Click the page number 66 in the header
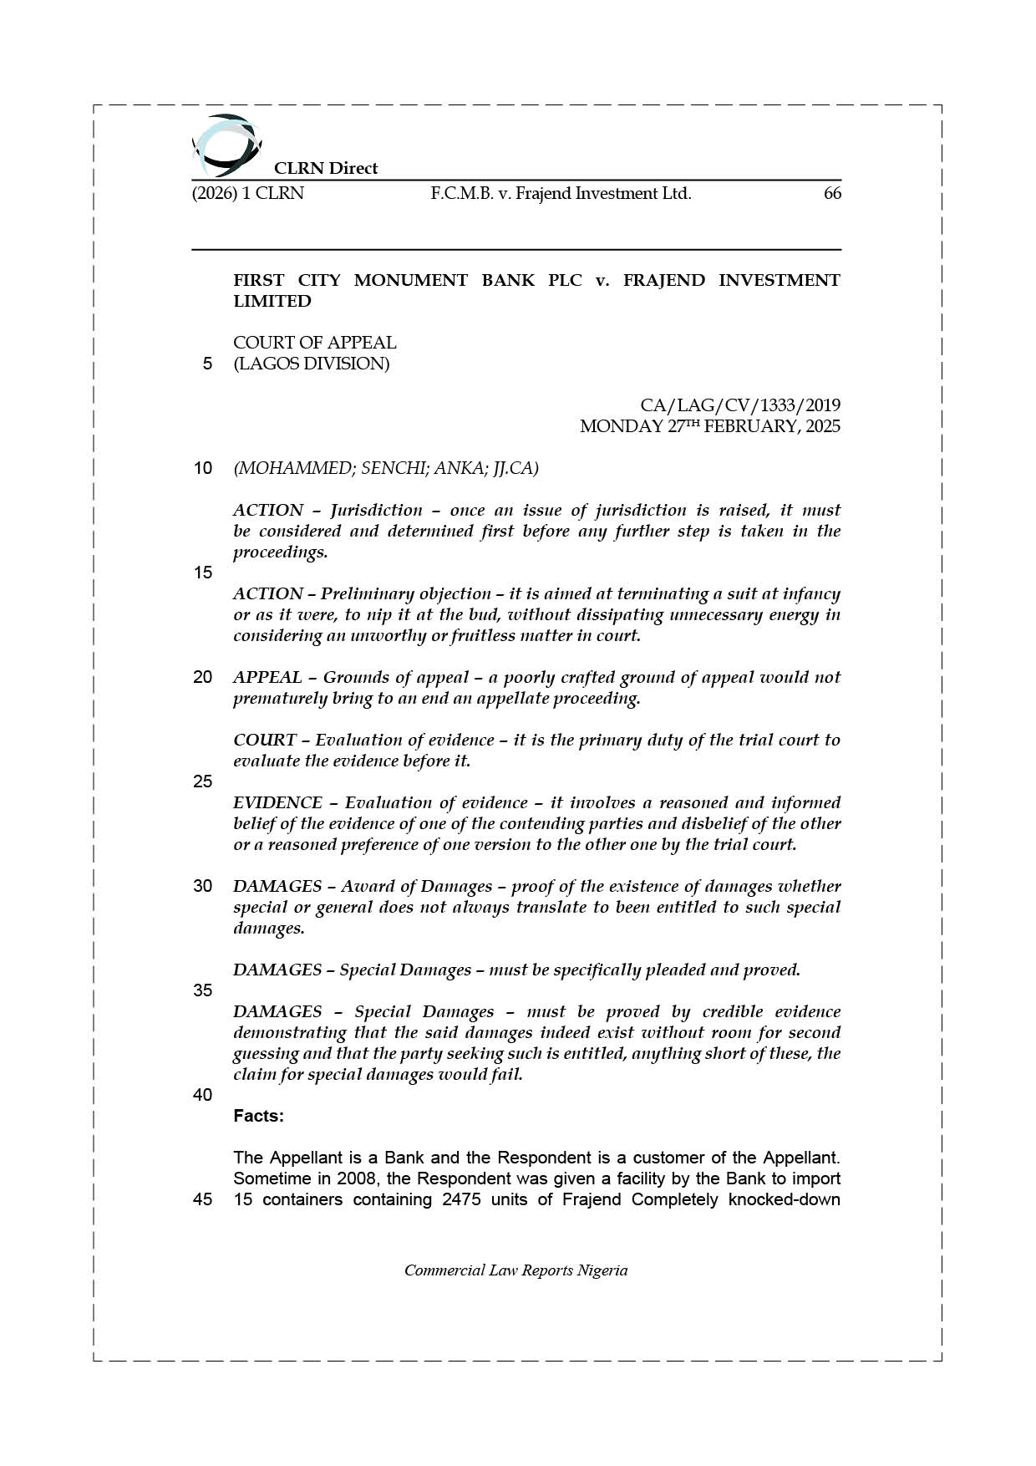point(832,194)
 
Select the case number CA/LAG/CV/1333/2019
point(740,405)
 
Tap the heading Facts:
point(258,1116)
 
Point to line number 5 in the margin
point(207,364)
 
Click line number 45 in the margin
point(202,1199)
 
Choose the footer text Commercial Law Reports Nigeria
point(515,1270)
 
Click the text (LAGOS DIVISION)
point(311,364)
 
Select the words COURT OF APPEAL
point(314,343)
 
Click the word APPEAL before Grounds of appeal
point(267,678)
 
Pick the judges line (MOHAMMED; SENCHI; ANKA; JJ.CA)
point(386,468)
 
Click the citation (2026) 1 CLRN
point(248,194)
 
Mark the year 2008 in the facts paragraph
point(357,1178)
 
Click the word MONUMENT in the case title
point(410,280)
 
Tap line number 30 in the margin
point(202,886)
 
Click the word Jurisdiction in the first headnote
point(376,511)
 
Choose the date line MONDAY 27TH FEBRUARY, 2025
point(710,426)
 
